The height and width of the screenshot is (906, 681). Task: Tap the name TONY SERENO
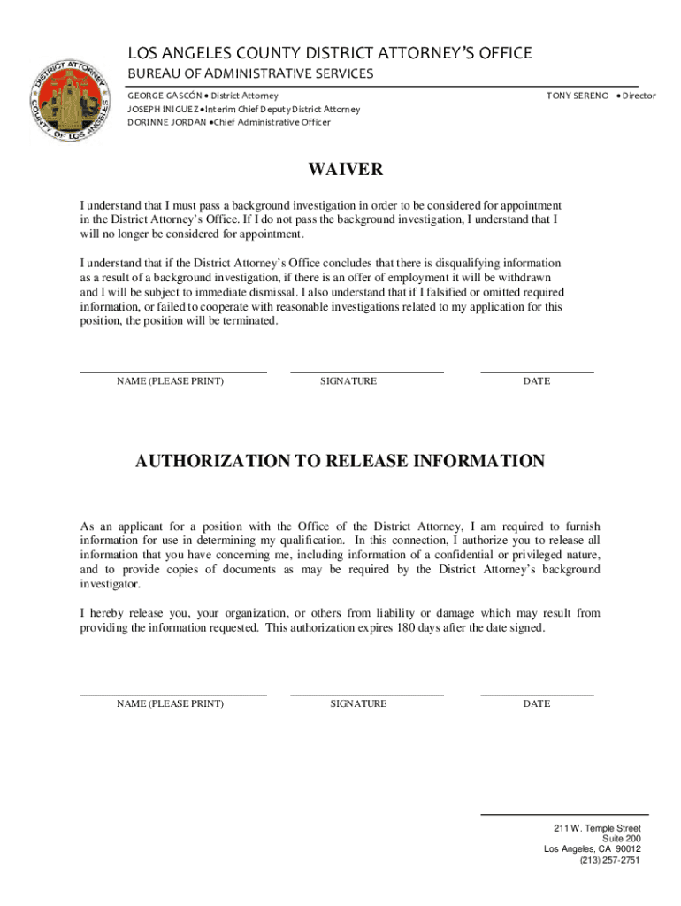click(x=578, y=95)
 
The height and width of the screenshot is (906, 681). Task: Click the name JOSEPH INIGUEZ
click(x=162, y=109)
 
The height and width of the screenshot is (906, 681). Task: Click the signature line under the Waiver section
click(x=366, y=372)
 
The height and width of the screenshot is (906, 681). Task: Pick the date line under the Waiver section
click(x=537, y=372)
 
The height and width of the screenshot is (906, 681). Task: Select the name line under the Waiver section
click(x=173, y=372)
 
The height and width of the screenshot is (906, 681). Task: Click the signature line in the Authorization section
click(x=366, y=695)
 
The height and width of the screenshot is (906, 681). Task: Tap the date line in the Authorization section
click(x=537, y=695)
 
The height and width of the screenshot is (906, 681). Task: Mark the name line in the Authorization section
click(x=173, y=695)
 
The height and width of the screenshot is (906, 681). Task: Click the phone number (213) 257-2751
click(x=609, y=860)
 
